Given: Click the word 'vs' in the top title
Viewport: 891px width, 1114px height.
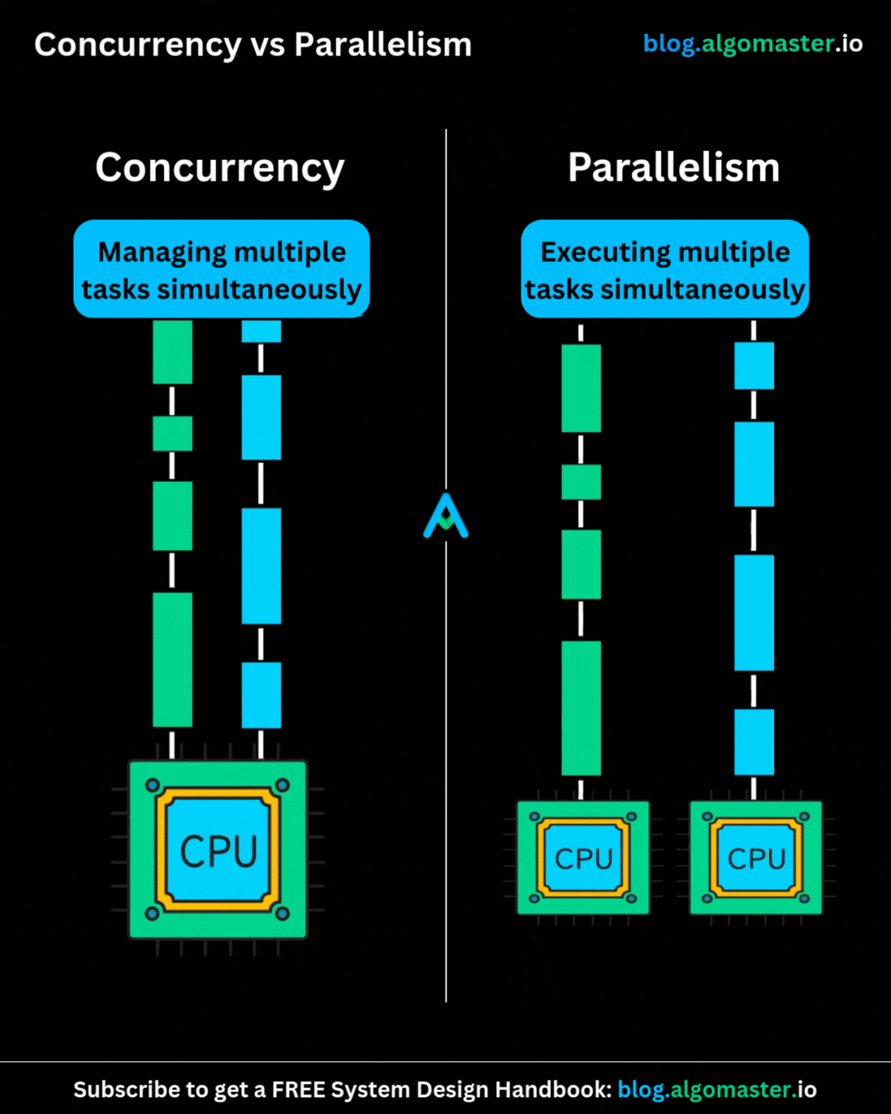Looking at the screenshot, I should (x=267, y=45).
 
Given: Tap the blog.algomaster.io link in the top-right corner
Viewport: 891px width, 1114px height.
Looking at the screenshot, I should (x=752, y=44).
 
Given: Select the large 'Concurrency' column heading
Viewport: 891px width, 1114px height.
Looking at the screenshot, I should (x=219, y=168).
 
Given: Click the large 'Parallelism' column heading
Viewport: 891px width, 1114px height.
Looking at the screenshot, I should (x=673, y=168).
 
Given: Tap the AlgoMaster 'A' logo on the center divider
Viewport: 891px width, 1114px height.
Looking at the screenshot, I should (x=445, y=517).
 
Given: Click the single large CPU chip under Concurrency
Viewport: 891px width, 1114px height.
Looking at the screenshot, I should (x=218, y=850).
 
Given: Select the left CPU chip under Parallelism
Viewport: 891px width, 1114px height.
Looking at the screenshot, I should (x=583, y=858).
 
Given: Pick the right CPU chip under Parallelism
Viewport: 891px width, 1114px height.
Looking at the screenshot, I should (x=756, y=858).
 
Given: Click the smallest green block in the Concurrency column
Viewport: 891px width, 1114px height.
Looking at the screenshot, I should (x=172, y=433).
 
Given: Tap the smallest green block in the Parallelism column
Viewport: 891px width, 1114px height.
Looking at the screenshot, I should (x=581, y=482).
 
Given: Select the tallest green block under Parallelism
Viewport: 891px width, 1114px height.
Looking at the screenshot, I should (x=581, y=708).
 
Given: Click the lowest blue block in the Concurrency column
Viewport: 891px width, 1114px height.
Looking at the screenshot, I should (x=261, y=695).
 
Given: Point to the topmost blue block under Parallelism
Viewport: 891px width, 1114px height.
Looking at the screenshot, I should (x=754, y=366).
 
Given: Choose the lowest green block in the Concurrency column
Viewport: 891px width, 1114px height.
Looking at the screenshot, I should (x=172, y=659).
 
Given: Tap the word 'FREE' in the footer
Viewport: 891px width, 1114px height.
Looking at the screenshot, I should (x=299, y=1090).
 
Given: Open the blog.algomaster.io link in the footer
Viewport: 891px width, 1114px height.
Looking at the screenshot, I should (x=716, y=1090).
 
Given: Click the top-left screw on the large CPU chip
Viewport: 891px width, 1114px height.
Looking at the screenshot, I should (x=153, y=786).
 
